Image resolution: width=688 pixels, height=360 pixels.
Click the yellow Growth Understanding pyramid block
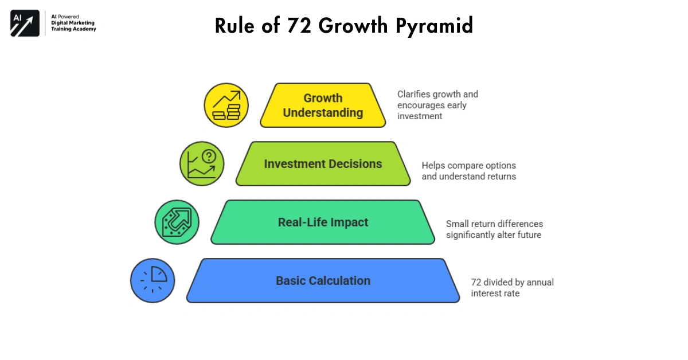[x=323, y=105]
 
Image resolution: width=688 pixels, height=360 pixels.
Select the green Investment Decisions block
[x=323, y=164]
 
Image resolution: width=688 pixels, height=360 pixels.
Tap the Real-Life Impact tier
[x=323, y=222]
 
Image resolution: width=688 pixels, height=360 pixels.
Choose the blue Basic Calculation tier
[x=323, y=281]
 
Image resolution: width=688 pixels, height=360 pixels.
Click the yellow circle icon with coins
[x=226, y=105]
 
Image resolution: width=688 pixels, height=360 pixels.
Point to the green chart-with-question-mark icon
[x=202, y=164]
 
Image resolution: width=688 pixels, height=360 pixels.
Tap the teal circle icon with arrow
[x=177, y=222]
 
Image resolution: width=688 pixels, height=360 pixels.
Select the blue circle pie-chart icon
[x=153, y=281]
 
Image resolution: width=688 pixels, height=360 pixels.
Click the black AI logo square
[x=25, y=24]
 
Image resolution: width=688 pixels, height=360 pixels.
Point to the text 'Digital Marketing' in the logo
[x=71, y=23]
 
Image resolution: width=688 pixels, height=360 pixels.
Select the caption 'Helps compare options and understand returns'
[x=468, y=171]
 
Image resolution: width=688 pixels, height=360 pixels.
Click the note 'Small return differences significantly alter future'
[x=494, y=229]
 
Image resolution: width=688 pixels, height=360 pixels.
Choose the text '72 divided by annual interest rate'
[x=512, y=288]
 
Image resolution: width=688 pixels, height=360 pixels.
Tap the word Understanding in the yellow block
[x=323, y=113]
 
